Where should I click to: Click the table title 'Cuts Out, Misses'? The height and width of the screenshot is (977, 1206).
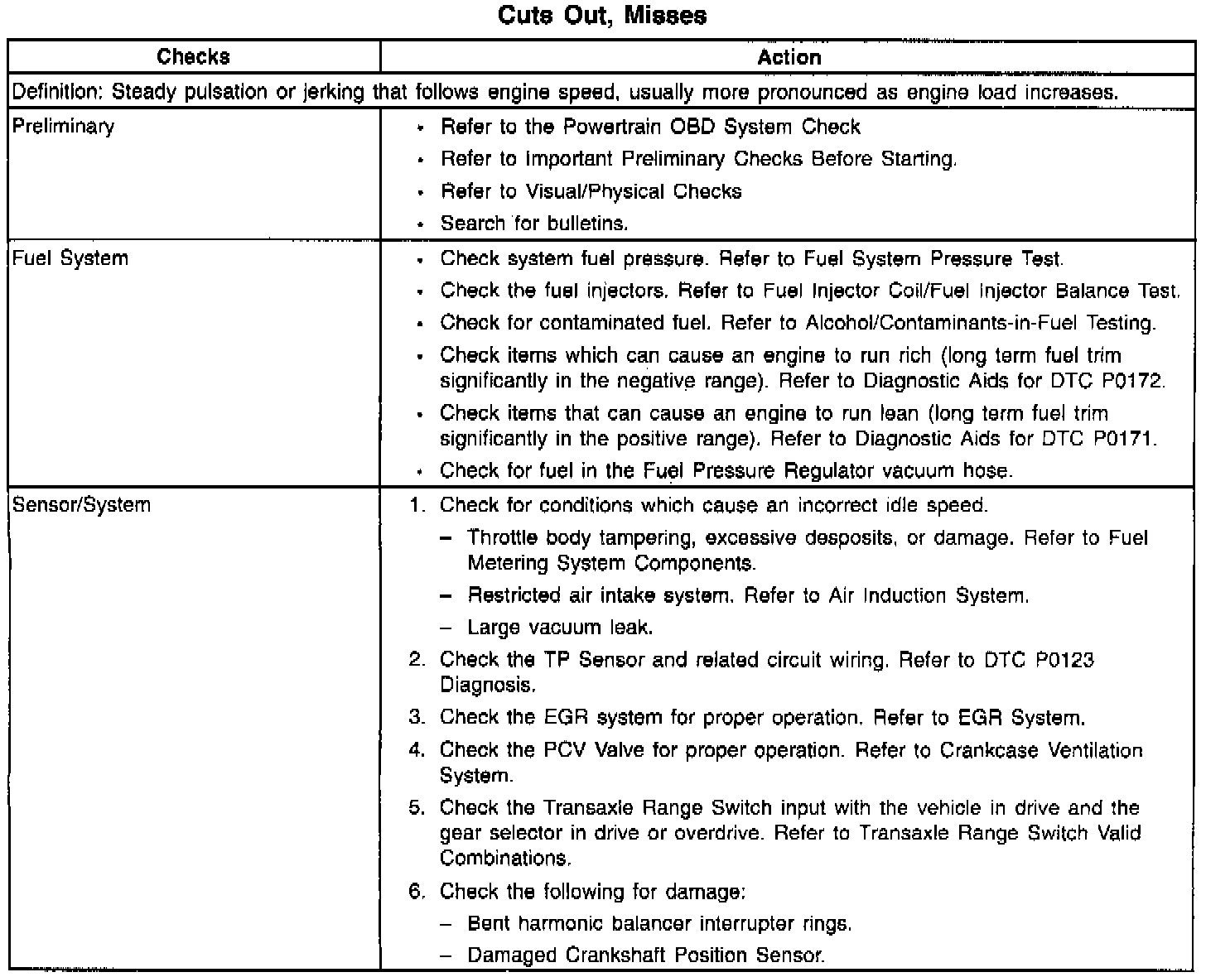tap(602, 16)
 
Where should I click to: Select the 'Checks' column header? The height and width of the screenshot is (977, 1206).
tap(193, 57)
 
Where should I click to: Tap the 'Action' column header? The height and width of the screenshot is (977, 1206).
tap(789, 57)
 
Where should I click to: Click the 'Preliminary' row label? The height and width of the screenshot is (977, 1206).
tap(63, 127)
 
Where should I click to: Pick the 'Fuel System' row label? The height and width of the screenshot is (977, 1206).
tap(70, 258)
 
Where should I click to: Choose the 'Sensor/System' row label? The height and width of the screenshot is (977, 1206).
tap(80, 505)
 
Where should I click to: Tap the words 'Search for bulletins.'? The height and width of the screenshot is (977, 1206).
tap(534, 224)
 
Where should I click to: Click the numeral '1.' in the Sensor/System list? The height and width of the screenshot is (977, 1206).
tap(417, 505)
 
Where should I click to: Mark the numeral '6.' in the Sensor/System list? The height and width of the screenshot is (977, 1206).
tap(417, 892)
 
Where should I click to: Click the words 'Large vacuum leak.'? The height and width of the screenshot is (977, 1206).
tap(560, 628)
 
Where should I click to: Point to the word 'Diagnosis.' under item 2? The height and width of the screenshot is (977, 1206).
tap(487, 686)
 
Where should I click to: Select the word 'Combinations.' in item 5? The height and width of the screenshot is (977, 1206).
tap(505, 859)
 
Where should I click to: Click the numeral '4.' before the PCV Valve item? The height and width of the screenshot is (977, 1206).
tap(417, 750)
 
